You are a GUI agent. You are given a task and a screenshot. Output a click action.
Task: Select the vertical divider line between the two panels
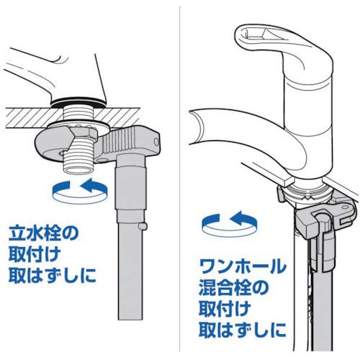coord(177,180)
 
